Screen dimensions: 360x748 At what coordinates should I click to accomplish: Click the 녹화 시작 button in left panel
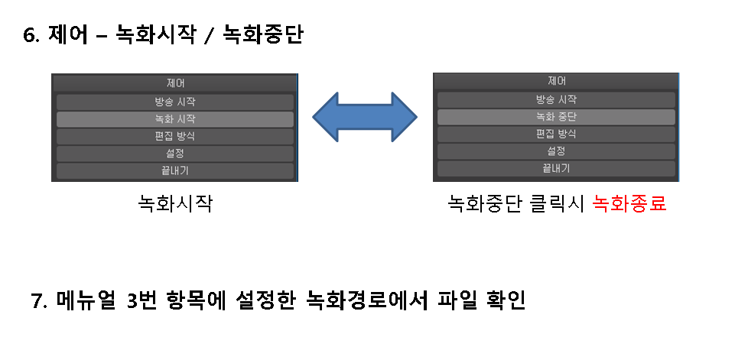[175, 119]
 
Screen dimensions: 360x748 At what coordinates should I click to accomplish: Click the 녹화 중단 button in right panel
[556, 117]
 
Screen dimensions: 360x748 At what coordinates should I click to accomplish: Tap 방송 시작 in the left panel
[175, 102]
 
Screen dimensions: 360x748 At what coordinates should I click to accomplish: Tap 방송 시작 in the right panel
[556, 99]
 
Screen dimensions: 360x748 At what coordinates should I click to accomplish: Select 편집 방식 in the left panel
[175, 136]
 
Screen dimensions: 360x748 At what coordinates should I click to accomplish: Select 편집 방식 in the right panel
[556, 134]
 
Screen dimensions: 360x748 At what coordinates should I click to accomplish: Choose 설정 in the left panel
[175, 154]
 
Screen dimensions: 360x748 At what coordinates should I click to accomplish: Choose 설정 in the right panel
[556, 151]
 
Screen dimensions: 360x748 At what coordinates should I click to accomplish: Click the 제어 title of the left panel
[175, 83]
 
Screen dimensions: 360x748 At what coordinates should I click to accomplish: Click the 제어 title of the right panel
[556, 80]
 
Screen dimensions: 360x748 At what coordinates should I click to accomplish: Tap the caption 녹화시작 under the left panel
[175, 204]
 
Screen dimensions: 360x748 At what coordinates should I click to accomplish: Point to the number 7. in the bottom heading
[40, 300]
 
